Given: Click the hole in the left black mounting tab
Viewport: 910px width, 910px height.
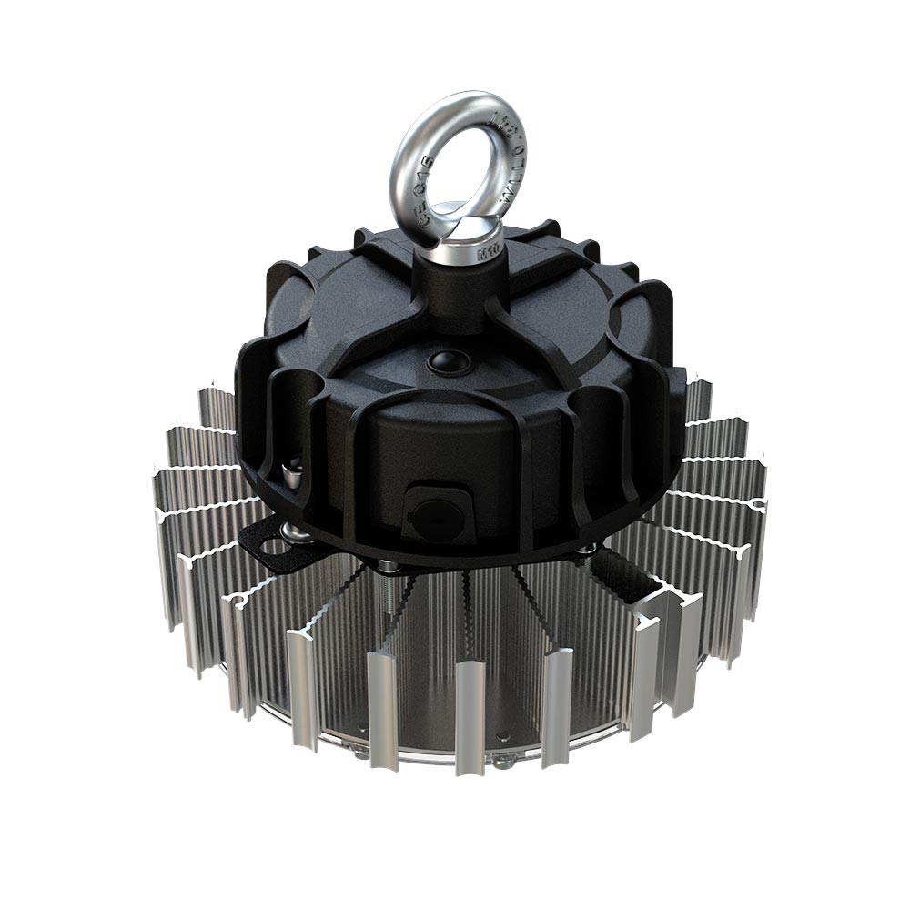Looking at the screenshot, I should [272, 547].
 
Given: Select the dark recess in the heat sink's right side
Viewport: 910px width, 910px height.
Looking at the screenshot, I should [628, 573].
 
